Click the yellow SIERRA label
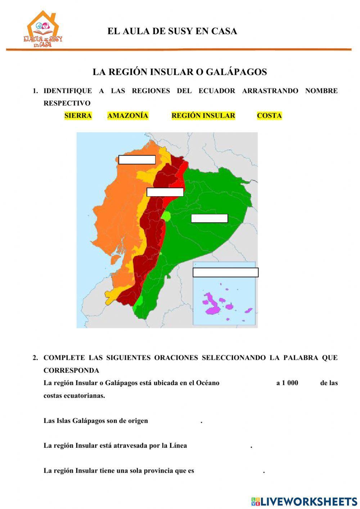pos(78,116)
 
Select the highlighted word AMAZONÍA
pos(128,116)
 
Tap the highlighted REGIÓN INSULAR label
pos(203,116)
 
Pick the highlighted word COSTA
pos(269,116)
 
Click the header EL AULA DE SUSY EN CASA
pos(172,31)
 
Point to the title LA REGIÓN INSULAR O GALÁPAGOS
pos(180,72)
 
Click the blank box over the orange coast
pos(137,160)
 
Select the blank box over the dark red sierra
pos(165,192)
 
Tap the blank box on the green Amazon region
pos(209,218)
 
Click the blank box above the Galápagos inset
pos(225,272)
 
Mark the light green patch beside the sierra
pos(166,216)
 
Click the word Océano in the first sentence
pos(207,383)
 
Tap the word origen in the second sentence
pos(138,420)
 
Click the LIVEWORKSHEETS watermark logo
pos(304,501)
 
